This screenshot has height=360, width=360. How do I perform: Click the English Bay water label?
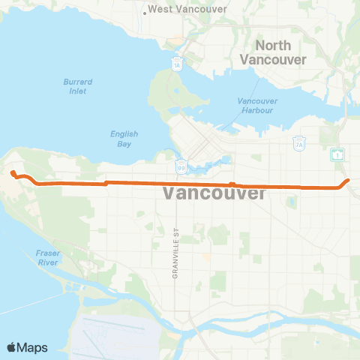[124, 139]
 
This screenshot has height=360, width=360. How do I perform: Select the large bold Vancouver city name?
[214, 194]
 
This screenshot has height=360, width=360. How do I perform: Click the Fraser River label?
[48, 258]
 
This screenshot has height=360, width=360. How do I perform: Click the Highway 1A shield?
[177, 64]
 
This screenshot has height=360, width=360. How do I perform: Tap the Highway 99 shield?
[181, 163]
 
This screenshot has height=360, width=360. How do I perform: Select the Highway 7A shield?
[298, 142]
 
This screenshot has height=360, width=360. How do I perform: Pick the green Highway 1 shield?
[339, 154]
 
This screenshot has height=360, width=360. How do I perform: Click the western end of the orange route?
[12, 173]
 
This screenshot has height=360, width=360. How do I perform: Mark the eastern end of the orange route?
[349, 180]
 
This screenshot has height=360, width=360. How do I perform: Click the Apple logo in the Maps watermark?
[12, 346]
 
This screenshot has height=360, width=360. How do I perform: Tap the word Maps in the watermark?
[33, 347]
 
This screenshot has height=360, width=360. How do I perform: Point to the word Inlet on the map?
[76, 91]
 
